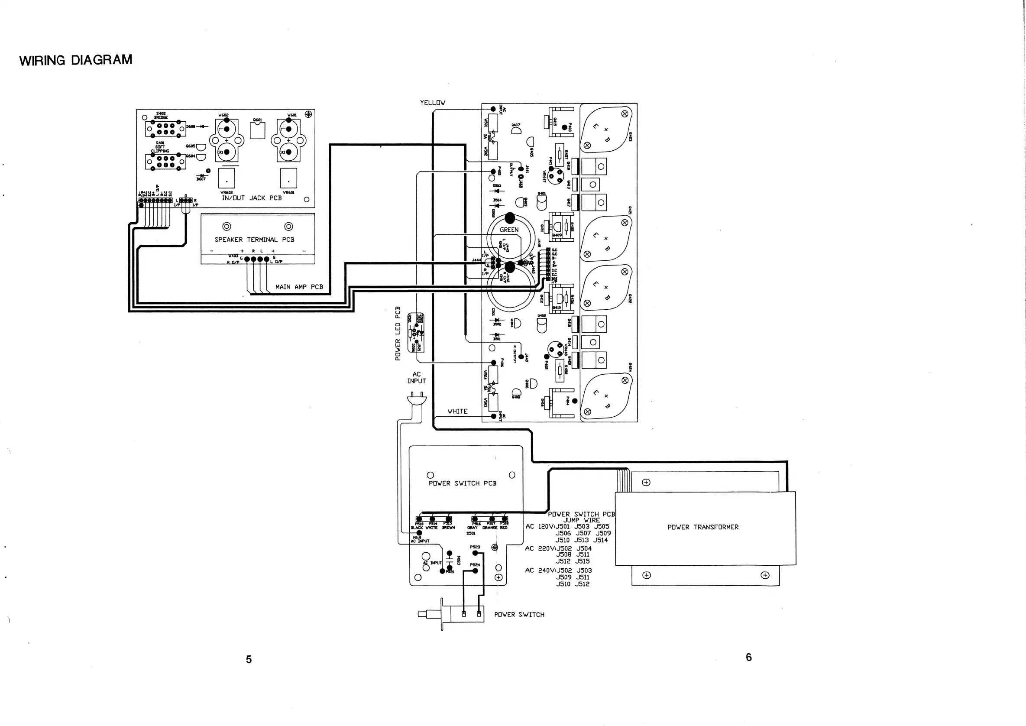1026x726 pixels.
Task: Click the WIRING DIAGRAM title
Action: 75,60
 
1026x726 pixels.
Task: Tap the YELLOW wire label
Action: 432,103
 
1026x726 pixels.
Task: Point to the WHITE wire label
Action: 457,411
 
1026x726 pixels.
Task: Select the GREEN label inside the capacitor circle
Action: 509,230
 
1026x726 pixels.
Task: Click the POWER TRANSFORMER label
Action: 702,528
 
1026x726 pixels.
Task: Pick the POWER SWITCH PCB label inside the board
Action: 462,483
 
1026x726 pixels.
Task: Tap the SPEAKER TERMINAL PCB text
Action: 254,240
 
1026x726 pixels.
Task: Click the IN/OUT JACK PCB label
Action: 252,198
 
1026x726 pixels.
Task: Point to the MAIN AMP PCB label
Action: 299,287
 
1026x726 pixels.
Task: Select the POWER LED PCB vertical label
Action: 398,333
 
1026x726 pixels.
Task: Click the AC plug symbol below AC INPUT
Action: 417,399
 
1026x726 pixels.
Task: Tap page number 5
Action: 249,659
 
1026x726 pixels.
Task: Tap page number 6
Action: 748,657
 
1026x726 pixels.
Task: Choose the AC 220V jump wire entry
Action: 559,555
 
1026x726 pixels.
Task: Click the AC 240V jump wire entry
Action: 559,577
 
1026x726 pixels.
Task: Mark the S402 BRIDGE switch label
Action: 161,115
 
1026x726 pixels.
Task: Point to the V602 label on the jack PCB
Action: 223,115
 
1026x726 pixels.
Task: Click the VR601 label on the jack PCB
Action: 288,193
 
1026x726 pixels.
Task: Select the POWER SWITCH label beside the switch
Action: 519,615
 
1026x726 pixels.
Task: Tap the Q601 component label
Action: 257,120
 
